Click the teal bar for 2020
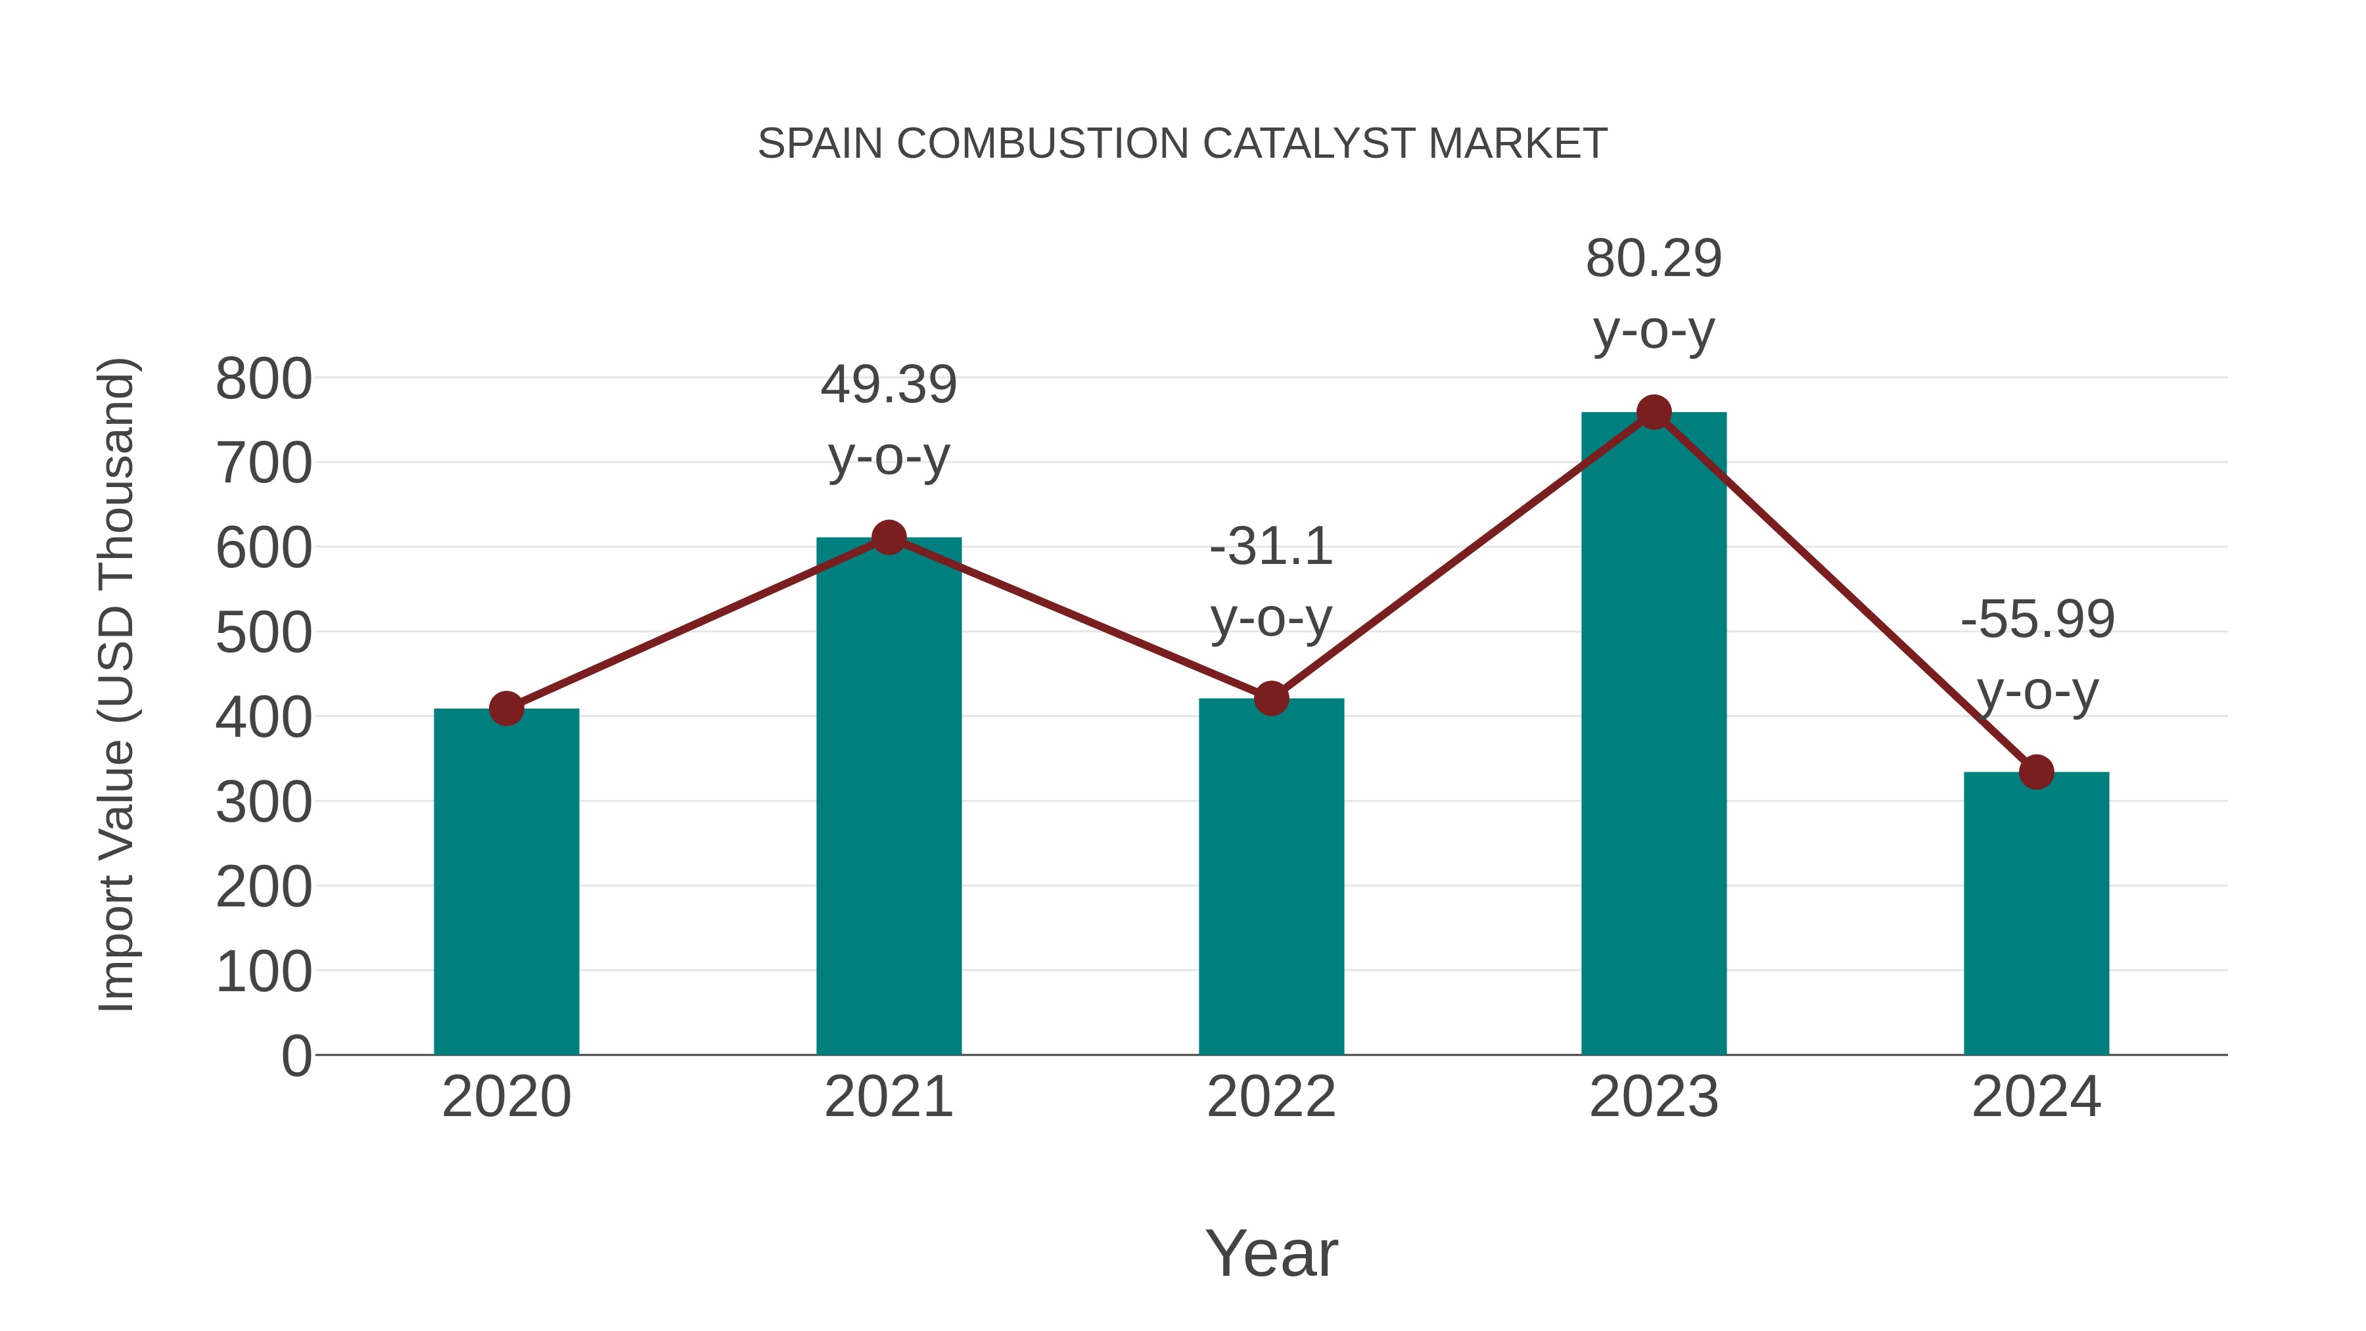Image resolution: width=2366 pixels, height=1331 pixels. pyautogui.click(x=506, y=882)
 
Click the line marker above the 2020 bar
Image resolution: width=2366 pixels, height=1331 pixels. pyautogui.click(x=506, y=708)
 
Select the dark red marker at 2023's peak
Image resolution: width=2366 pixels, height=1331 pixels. pyautogui.click(x=1654, y=412)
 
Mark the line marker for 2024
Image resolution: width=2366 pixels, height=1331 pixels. pyautogui.click(x=2036, y=772)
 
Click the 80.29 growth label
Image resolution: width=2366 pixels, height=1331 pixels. pyautogui.click(x=1654, y=259)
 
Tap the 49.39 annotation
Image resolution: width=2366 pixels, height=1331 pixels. pyautogui.click(x=888, y=385)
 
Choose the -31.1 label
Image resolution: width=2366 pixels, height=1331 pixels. pyautogui.click(x=1271, y=548)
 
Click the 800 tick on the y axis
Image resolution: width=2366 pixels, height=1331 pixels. pyautogui.click(x=264, y=379)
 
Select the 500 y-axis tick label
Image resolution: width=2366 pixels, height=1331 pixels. pyautogui.click(x=264, y=633)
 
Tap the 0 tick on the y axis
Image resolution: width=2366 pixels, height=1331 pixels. pyautogui.click(x=296, y=1056)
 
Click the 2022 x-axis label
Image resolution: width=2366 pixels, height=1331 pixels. pyautogui.click(x=1271, y=1097)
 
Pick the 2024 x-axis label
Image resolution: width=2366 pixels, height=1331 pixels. pyautogui.click(x=2036, y=1097)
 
